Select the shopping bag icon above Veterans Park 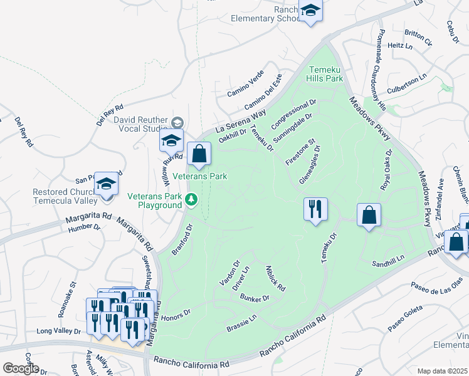click(x=199, y=154)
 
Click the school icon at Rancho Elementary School click(x=310, y=11)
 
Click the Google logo click(x=21, y=368)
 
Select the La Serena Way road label click(x=241, y=120)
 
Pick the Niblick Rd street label click(x=277, y=278)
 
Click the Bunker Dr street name click(x=254, y=298)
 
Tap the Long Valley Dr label click(x=59, y=331)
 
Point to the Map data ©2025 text click(x=443, y=371)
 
